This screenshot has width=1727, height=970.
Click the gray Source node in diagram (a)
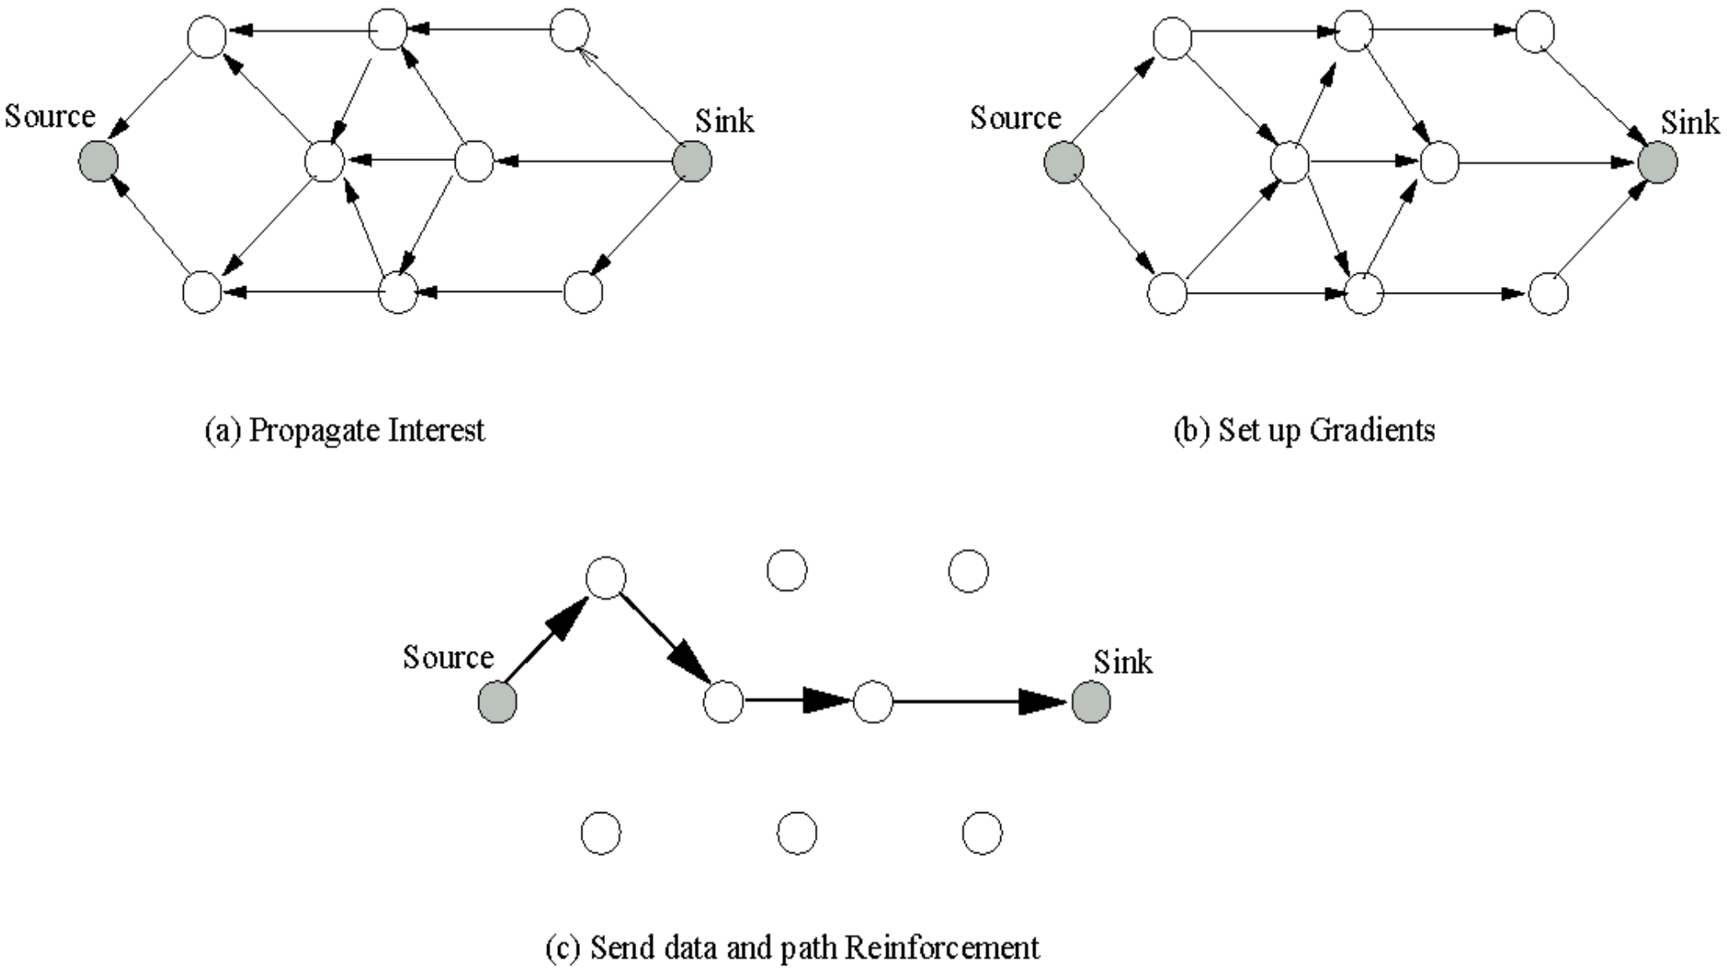[98, 161]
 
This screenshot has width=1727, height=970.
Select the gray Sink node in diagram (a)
[692, 161]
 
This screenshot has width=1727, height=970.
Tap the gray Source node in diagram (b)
[1064, 163]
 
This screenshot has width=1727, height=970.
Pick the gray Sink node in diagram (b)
[1657, 162]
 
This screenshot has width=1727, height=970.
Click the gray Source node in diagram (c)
[498, 701]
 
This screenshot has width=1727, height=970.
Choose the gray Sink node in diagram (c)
[1091, 701]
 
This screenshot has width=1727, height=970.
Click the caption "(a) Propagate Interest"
[345, 430]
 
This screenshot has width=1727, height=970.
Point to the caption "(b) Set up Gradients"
[1304, 430]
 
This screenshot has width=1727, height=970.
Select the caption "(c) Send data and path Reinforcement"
[792, 948]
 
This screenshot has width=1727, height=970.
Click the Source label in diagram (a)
[50, 117]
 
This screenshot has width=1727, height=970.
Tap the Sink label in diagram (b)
[1690, 123]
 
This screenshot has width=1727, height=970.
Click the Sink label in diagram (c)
[1123, 663]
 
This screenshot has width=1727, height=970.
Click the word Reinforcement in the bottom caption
[942, 948]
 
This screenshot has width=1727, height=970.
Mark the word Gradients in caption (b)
[1372, 430]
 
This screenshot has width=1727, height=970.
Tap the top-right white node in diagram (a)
[570, 31]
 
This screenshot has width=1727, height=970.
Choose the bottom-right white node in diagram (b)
[1548, 295]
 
